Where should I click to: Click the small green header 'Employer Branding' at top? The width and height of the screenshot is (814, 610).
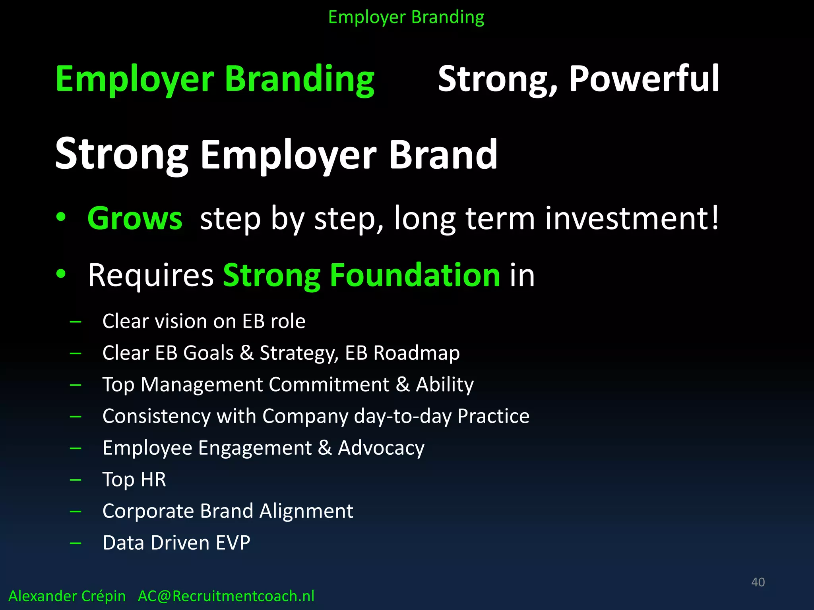[x=406, y=17]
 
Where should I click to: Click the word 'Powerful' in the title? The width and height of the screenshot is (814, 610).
[x=644, y=79]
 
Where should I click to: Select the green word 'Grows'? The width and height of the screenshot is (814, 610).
[x=135, y=218]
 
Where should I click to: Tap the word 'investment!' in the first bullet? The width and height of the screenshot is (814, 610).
[x=632, y=218]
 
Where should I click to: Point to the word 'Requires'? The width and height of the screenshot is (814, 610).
[x=151, y=276]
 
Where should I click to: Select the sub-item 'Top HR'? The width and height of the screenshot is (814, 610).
[x=134, y=479]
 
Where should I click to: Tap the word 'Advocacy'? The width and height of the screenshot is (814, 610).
[x=381, y=448]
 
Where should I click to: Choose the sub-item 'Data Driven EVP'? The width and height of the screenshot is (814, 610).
[x=176, y=542]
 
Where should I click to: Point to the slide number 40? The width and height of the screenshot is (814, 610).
[x=758, y=582]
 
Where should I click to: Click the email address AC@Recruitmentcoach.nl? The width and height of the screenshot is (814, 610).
[x=226, y=596]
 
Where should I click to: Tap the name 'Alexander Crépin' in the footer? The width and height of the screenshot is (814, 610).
[x=67, y=596]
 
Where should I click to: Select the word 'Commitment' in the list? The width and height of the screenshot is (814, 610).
[x=329, y=384]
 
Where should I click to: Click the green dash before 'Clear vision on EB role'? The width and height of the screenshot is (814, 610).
[x=75, y=322]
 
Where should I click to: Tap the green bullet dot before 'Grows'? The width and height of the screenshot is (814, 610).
[x=61, y=217]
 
